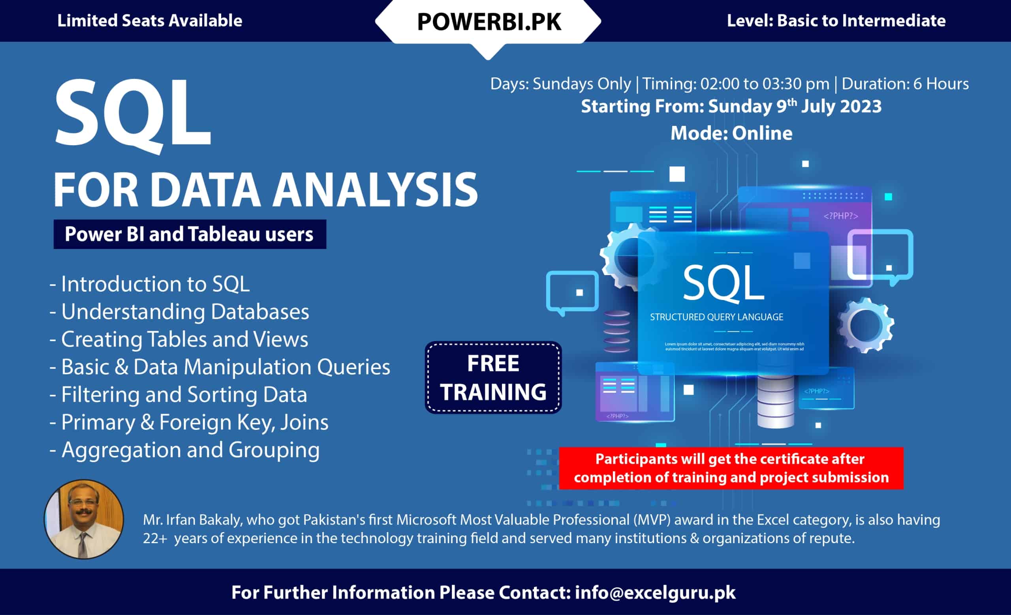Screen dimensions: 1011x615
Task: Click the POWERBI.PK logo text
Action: pyautogui.click(x=489, y=22)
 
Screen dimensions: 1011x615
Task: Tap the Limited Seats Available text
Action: pyautogui.click(x=150, y=21)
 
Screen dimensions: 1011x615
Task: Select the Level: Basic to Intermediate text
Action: pyautogui.click(x=836, y=21)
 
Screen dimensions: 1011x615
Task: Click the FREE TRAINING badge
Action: pyautogui.click(x=493, y=377)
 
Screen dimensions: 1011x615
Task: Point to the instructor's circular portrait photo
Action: pyautogui.click(x=84, y=519)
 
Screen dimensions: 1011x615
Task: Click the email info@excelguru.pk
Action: pyautogui.click(x=655, y=593)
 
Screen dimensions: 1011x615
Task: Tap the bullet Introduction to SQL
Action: pyautogui.click(x=149, y=284)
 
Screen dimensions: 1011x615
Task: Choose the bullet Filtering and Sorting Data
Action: pyautogui.click(x=178, y=394)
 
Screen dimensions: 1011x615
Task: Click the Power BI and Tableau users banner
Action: pyautogui.click(x=190, y=234)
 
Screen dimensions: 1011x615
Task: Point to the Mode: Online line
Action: pyautogui.click(x=731, y=133)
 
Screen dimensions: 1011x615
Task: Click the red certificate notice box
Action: pyautogui.click(x=731, y=468)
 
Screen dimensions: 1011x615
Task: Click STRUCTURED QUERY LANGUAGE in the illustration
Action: pyautogui.click(x=716, y=317)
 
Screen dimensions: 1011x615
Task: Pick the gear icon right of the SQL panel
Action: pyautogui.click(x=865, y=325)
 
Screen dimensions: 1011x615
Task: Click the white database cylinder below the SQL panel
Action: pyautogui.click(x=776, y=401)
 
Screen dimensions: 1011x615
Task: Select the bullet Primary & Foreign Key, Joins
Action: pyautogui.click(x=189, y=422)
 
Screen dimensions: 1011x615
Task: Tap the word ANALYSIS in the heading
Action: pyautogui.click(x=376, y=190)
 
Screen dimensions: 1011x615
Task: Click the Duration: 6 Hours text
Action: pyautogui.click(x=905, y=84)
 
